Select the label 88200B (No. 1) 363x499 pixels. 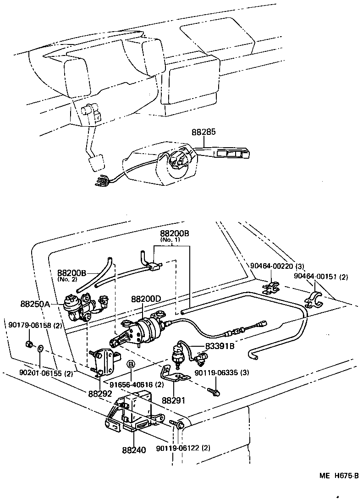[174, 234]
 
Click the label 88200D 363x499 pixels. [146, 299]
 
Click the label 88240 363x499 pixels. [134, 450]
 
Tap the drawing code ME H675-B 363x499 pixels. [339, 476]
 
